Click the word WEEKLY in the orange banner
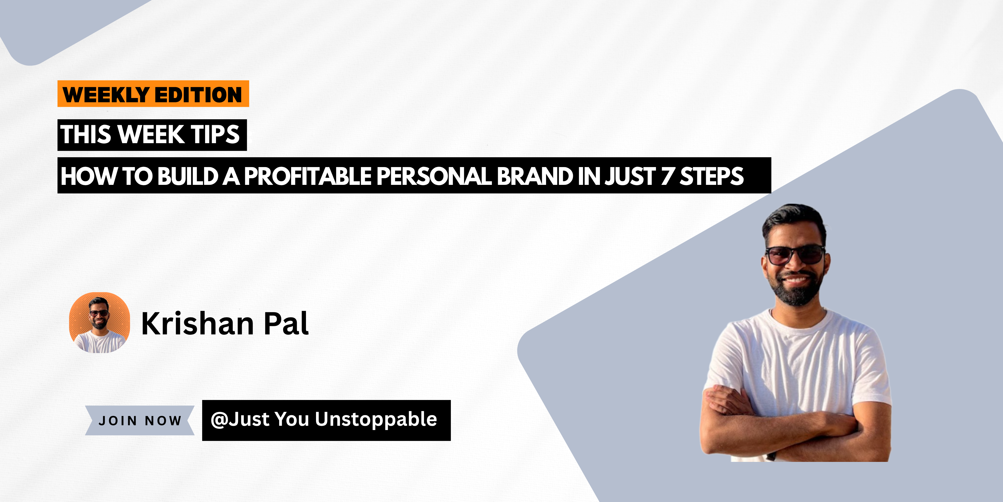click(106, 95)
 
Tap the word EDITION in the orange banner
click(198, 95)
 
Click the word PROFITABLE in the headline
click(308, 176)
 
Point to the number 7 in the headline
click(667, 176)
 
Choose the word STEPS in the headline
click(712, 176)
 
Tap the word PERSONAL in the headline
click(434, 176)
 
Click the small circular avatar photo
click(100, 323)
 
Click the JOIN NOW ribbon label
click(140, 420)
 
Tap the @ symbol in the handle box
click(219, 420)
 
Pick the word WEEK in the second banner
click(151, 134)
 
